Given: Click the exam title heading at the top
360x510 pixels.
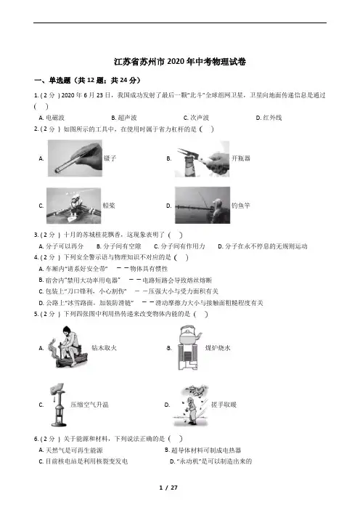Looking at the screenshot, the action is (180, 62).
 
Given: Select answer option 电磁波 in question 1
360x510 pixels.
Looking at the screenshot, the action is (52, 118).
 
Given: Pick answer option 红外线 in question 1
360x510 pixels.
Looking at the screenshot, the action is (269, 118).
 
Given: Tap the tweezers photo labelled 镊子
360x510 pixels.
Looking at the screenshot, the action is (75, 158).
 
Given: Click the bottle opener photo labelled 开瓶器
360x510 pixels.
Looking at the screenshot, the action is (202, 158).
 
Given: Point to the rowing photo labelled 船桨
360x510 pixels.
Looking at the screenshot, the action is (74, 206).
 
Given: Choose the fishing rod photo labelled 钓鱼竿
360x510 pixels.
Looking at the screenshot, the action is (202, 206).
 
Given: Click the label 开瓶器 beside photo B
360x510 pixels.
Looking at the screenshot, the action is (241, 158).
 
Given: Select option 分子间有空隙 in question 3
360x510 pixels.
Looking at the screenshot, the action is (118, 246).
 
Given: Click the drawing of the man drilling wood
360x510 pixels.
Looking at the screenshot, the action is (67, 347).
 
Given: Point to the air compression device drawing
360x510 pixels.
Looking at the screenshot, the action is (58, 405).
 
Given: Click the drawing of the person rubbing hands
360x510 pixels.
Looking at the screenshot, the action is (190, 405).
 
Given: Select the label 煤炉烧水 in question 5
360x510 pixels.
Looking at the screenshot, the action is (218, 348).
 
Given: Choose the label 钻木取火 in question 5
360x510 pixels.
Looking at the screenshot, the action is (104, 348).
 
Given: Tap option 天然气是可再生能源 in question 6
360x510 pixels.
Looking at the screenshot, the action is (71, 450).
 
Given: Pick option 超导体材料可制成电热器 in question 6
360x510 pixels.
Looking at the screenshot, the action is (203, 450).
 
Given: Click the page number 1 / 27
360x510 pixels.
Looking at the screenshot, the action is (168, 487).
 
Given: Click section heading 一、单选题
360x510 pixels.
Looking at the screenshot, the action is (52, 81).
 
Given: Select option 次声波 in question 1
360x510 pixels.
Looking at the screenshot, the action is (196, 118).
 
